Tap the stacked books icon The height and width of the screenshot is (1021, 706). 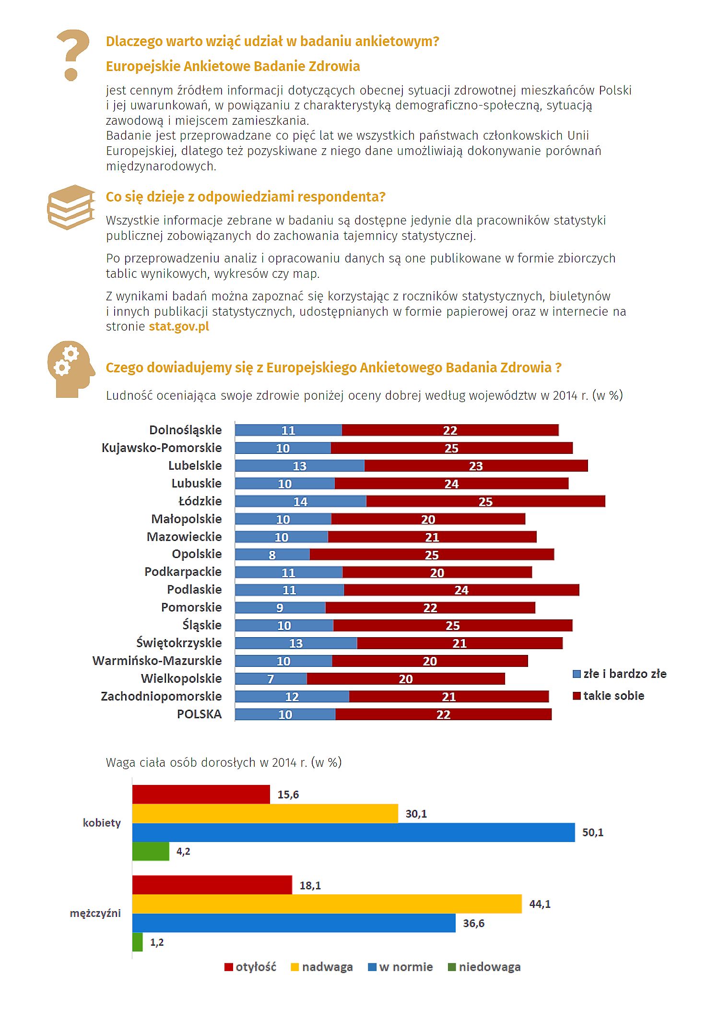pos(71,207)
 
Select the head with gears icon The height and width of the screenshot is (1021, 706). pos(71,369)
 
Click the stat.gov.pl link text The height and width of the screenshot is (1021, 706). pos(179,327)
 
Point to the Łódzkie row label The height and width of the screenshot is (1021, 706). pos(200,501)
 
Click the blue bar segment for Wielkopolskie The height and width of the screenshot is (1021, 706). pos(271,678)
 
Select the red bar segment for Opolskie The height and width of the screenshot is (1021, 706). pos(432,555)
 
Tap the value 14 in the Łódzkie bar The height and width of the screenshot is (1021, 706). pos(300,502)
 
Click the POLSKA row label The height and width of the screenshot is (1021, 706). pos(199,714)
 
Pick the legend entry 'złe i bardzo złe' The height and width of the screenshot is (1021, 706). pos(620,674)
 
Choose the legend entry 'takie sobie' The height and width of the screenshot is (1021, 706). pos(609,696)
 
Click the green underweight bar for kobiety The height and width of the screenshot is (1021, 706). pos(151,851)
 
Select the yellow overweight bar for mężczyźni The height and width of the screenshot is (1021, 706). pos(327,904)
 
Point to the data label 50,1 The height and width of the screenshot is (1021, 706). pos(593,832)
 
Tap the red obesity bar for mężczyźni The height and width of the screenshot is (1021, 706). pos(212,885)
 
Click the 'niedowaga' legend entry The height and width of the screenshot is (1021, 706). pos(484,967)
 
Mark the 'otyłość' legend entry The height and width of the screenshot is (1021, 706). pos(250,967)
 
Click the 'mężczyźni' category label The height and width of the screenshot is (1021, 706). pos(95,913)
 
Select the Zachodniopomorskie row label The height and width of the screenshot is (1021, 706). pos(161,696)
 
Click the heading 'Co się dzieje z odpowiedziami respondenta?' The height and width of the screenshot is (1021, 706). pos(246,197)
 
